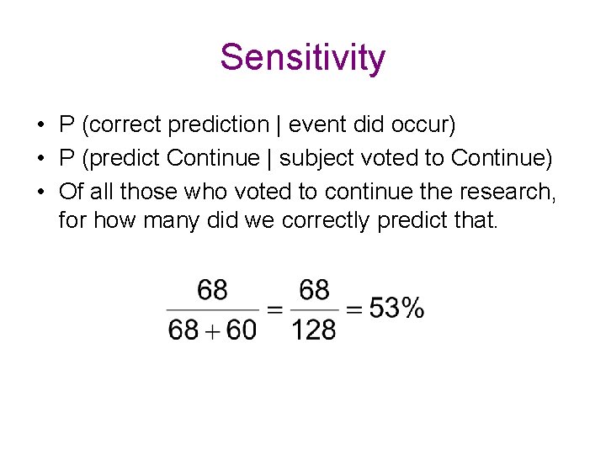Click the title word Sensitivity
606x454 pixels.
303,58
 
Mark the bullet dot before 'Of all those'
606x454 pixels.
40,192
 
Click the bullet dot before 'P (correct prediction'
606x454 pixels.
40,126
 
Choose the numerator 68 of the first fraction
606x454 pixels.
212,291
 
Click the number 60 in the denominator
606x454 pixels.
241,330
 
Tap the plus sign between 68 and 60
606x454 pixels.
213,330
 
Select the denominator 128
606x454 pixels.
314,330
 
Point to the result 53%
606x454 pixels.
396,309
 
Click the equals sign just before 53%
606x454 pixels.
354,309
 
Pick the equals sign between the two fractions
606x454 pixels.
274,309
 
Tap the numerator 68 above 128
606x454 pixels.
314,291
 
